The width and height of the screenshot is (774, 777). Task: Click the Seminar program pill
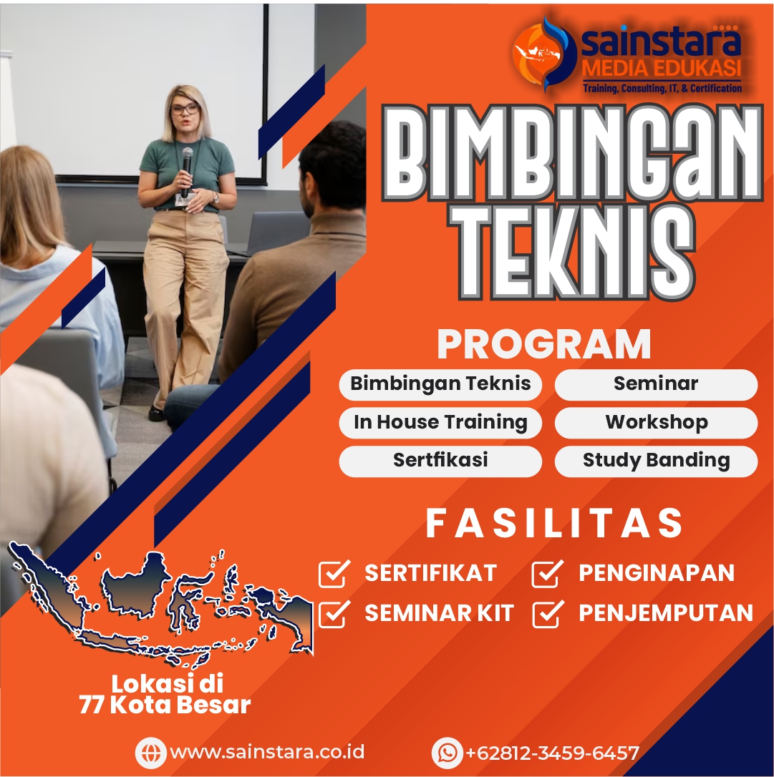click(656, 384)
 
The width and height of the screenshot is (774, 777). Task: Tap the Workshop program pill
click(656, 423)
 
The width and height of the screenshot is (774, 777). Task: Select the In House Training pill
click(440, 423)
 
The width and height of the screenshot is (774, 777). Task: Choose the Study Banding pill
click(656, 461)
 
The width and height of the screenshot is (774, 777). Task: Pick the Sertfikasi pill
click(440, 461)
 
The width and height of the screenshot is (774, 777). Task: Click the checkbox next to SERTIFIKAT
click(334, 574)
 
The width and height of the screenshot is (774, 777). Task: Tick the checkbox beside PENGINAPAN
click(548, 574)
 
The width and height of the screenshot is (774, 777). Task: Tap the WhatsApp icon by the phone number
click(448, 753)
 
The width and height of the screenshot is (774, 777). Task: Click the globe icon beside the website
click(151, 753)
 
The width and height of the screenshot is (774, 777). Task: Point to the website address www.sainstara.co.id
click(267, 752)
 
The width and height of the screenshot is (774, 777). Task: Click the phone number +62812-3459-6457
click(552, 753)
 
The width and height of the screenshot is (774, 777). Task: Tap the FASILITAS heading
click(554, 523)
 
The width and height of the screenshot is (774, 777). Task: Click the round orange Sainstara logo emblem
click(544, 54)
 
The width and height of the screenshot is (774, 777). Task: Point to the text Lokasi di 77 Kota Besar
click(165, 694)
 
